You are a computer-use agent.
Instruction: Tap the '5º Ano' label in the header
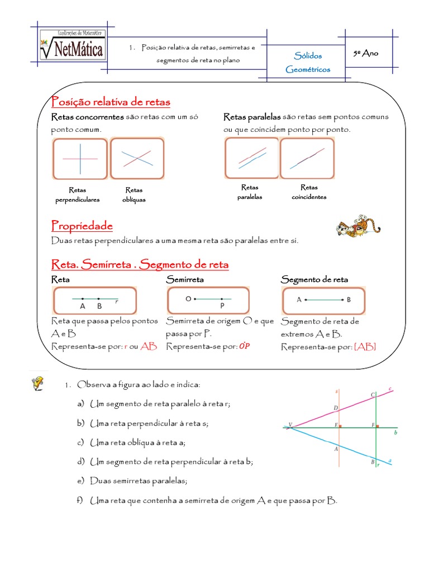click(x=366, y=54)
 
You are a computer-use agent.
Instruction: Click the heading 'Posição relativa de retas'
click(x=111, y=102)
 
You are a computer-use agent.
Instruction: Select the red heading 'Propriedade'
click(x=82, y=226)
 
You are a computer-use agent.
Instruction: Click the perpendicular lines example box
click(x=80, y=159)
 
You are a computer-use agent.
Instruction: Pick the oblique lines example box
click(x=137, y=159)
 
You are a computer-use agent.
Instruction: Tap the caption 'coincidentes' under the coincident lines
click(x=309, y=197)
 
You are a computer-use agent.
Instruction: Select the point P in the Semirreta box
click(x=222, y=306)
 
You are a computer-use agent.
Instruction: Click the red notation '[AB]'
click(x=365, y=347)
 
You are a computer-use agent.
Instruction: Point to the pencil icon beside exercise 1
click(x=39, y=383)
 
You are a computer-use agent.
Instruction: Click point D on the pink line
click(x=336, y=408)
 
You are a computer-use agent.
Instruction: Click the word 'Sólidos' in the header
click(x=308, y=56)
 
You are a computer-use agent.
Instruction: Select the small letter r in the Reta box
click(x=116, y=302)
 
